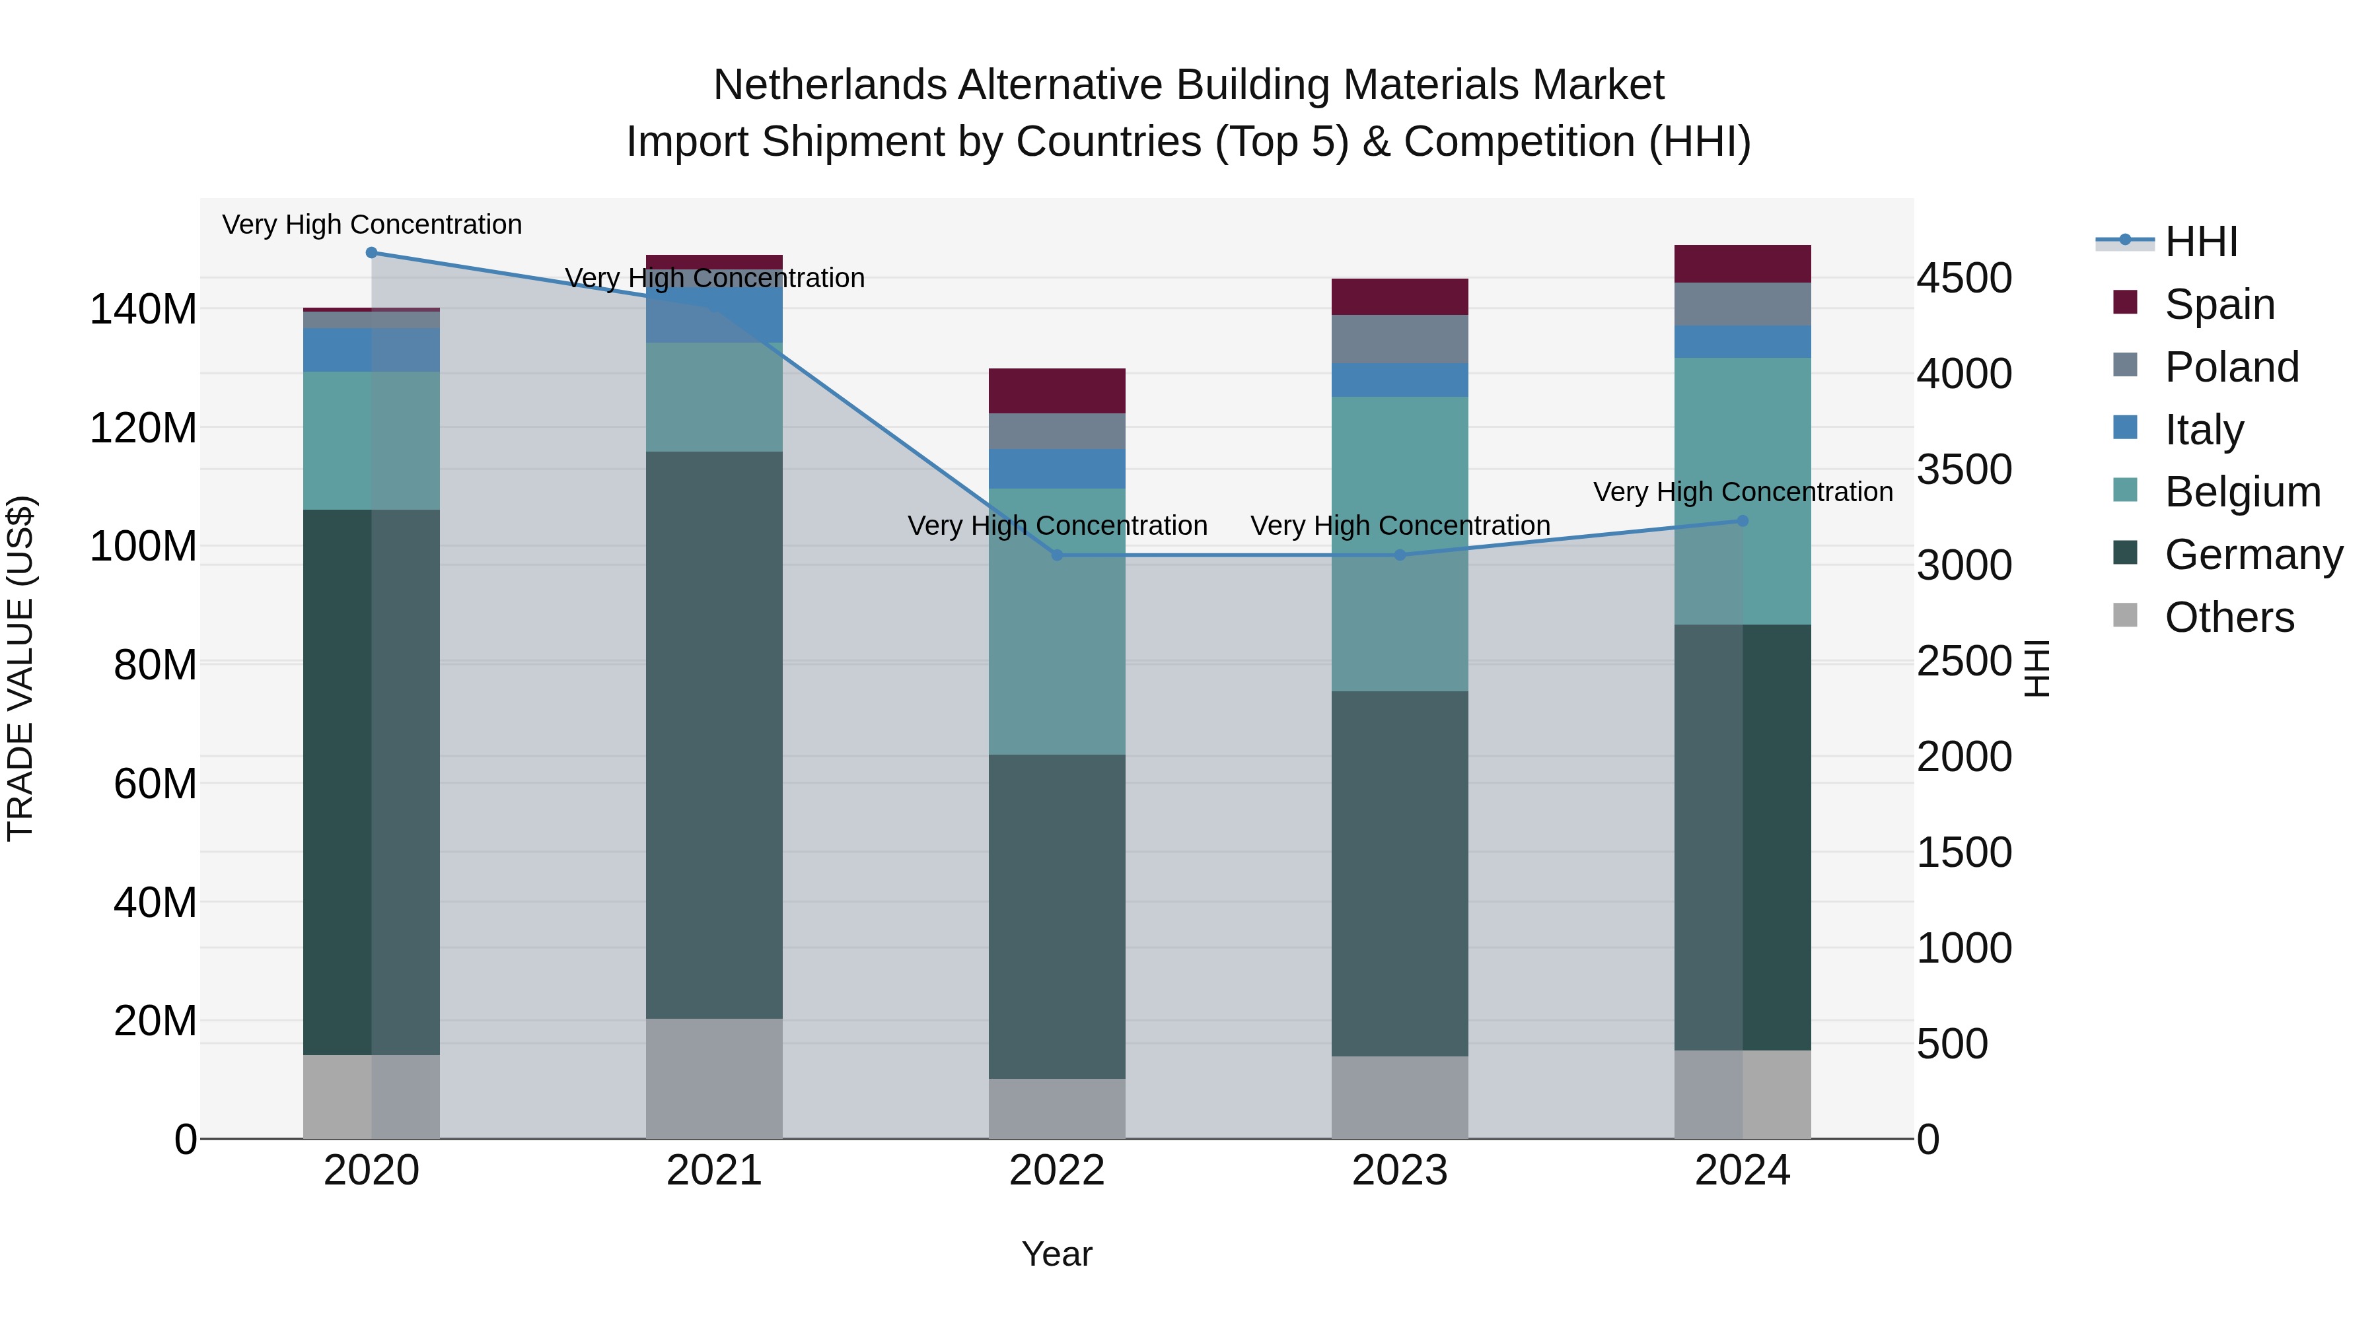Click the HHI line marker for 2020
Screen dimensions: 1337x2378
click(x=371, y=253)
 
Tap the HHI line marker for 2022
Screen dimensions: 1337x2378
click(x=1057, y=555)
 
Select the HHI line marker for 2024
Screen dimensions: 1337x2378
click(x=1743, y=522)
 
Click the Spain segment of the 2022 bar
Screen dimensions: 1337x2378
click(x=1057, y=392)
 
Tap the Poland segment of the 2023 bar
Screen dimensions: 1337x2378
click(x=1400, y=339)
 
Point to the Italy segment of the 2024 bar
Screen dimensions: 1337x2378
click(x=1743, y=341)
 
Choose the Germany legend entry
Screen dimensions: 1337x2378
click(x=2252, y=555)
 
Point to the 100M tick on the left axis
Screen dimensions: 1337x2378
click(x=143, y=546)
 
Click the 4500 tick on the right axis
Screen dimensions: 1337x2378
click(x=1964, y=279)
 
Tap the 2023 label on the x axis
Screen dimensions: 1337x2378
click(x=1400, y=1171)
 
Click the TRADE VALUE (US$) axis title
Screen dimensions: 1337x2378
click(x=20, y=668)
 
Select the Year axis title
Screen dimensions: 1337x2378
click(x=1057, y=1254)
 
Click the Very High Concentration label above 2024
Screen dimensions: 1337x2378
click(x=1743, y=492)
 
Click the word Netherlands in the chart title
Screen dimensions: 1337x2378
click(x=830, y=85)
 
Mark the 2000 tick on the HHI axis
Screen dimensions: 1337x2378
click(x=1964, y=757)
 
